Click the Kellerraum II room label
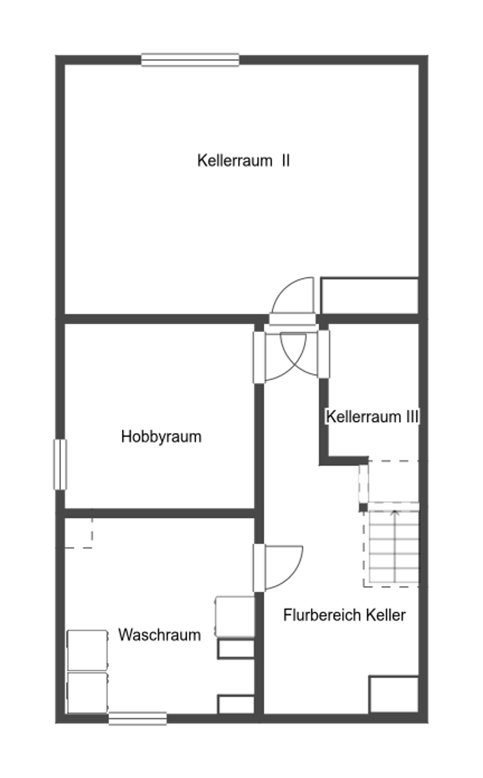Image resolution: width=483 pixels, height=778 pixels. point(243,160)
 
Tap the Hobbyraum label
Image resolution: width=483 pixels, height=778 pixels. point(161,436)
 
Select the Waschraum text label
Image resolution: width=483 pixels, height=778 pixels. point(159,635)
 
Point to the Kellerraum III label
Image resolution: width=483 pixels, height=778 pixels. point(372,416)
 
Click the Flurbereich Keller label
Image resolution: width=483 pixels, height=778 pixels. point(344,615)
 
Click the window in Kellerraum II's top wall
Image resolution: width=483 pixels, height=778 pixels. point(190,60)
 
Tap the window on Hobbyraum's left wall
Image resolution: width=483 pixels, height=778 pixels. point(60,464)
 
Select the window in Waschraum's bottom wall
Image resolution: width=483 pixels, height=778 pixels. point(137,718)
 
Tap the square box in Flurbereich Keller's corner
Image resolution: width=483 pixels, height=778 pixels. point(393,694)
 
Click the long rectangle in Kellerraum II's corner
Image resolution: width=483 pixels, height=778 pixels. point(369,296)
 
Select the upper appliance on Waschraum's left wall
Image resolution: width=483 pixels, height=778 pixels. point(88,650)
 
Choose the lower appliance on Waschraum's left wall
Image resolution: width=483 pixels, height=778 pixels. point(88,692)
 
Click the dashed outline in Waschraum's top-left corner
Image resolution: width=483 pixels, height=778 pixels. point(79,533)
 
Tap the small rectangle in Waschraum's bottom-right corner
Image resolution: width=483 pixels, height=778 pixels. point(235,704)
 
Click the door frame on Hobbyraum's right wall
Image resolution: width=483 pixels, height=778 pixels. point(259,357)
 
